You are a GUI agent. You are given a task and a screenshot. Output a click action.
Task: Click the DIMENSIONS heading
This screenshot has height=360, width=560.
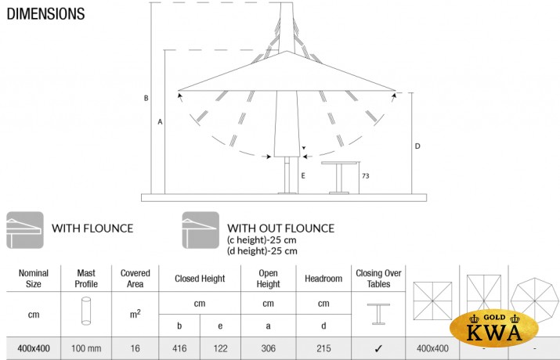click(x=45, y=14)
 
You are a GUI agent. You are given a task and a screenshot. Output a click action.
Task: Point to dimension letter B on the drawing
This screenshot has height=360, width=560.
click(x=146, y=98)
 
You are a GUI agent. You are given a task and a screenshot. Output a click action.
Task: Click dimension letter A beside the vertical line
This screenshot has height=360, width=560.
click(x=160, y=122)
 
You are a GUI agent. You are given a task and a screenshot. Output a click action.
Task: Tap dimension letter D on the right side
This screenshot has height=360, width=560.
click(x=417, y=146)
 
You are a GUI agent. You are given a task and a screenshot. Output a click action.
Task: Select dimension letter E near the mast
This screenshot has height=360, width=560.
click(x=303, y=175)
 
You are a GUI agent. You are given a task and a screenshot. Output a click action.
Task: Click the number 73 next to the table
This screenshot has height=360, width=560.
click(x=365, y=176)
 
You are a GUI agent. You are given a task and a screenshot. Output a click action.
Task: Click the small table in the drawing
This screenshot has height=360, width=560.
click(x=339, y=178)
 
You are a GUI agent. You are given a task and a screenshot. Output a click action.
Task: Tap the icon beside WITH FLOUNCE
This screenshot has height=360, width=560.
click(x=25, y=230)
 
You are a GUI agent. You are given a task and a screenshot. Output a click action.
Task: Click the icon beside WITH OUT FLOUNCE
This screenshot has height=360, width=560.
click(x=201, y=230)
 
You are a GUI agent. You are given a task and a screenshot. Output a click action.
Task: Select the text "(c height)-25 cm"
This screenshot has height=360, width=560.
click(x=262, y=239)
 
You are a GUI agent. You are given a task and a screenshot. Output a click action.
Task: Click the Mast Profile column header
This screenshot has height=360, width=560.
click(x=86, y=279)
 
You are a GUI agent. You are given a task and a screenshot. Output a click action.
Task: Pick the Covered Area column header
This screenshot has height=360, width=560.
click(x=135, y=279)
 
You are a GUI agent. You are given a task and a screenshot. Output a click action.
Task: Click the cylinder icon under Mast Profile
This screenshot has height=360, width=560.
click(x=86, y=311)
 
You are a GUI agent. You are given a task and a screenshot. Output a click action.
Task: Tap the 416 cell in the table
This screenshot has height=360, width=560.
click(x=179, y=348)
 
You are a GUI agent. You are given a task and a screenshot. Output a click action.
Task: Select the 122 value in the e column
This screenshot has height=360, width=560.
click(x=220, y=348)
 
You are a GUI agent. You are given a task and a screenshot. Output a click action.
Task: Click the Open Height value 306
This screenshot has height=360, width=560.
click(x=268, y=348)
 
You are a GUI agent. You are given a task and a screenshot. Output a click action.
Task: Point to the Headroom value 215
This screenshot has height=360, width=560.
click(x=323, y=348)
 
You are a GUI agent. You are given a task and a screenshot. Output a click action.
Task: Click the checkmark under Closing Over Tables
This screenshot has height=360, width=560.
click(x=378, y=348)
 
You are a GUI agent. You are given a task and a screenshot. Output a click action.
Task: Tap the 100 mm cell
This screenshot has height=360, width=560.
click(x=86, y=348)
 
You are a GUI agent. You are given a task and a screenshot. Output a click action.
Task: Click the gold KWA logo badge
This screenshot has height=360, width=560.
click(x=494, y=328)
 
